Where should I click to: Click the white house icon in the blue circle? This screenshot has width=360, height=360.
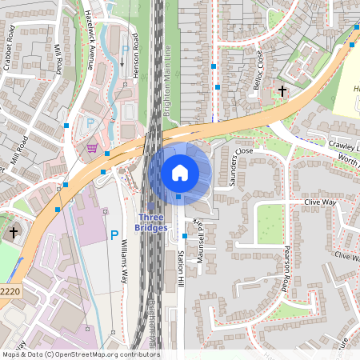180,172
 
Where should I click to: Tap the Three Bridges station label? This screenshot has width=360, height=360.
153,222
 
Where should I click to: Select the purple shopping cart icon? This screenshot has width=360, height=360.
93,147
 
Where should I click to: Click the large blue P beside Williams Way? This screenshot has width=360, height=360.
114,236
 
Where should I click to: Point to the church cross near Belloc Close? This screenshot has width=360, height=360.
282,92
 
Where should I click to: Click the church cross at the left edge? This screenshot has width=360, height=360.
13,232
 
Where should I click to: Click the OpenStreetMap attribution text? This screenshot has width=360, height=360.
81,354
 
